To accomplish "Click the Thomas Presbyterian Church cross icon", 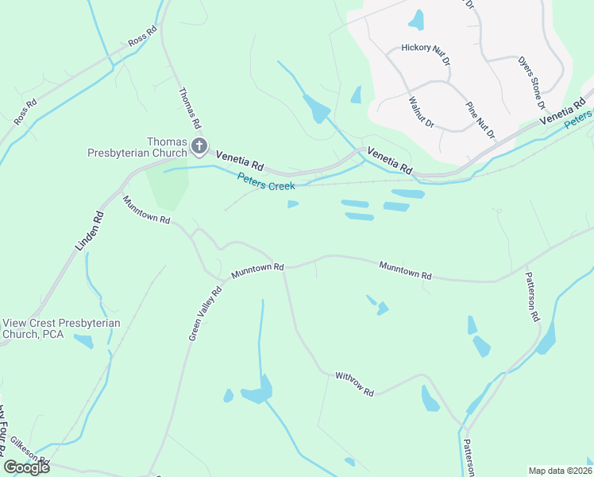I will click(199, 146).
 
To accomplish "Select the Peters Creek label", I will click(266, 181).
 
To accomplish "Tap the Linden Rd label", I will click(90, 231).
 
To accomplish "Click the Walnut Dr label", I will click(421, 112).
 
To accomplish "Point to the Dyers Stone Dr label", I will click(531, 82).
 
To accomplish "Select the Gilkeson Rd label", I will click(30, 451).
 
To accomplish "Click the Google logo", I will click(26, 467).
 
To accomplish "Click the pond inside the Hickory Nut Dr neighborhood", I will click(416, 18).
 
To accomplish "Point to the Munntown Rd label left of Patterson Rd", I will click(405, 270).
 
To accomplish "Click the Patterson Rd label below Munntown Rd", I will click(532, 296).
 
